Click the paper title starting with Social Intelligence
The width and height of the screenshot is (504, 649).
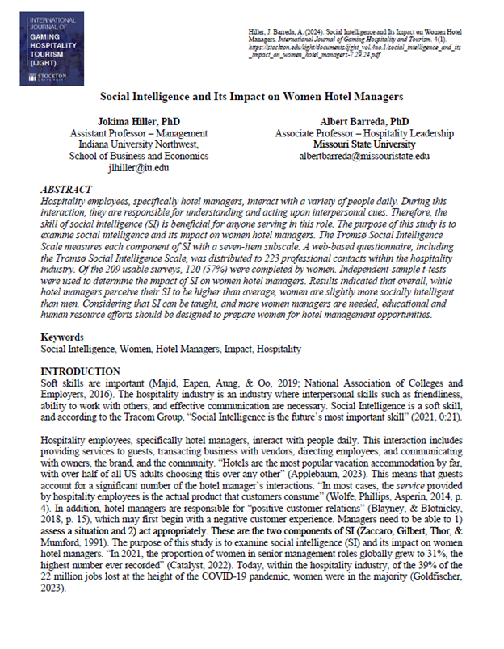pos(251,96)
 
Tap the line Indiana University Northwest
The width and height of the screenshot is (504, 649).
pos(130,144)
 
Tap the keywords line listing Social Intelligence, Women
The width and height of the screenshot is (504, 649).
pos(171,371)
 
